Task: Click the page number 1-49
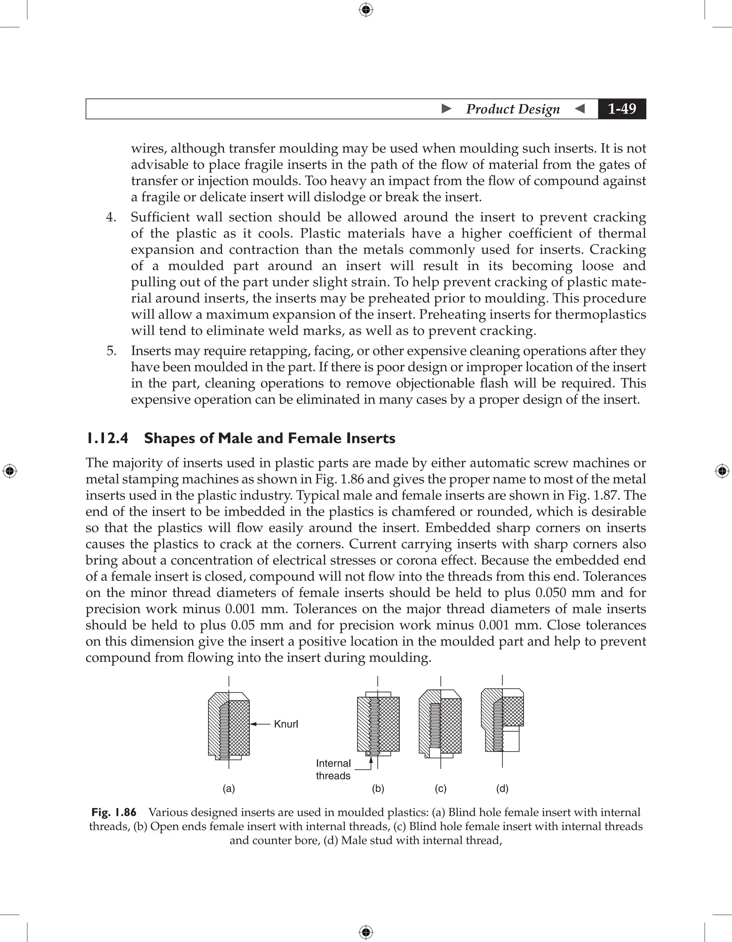click(622, 109)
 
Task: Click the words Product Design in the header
click(513, 109)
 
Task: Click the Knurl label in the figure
click(286, 724)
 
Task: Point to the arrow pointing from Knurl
click(260, 724)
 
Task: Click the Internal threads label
click(333, 769)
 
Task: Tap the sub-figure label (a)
click(229, 788)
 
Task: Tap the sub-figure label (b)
click(378, 788)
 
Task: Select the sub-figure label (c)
click(440, 788)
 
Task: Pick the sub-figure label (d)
click(502, 788)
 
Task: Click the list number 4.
click(111, 217)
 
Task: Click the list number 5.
click(111, 351)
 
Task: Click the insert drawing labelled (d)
click(502, 720)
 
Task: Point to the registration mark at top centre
click(366, 10)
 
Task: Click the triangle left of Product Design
click(447, 109)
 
